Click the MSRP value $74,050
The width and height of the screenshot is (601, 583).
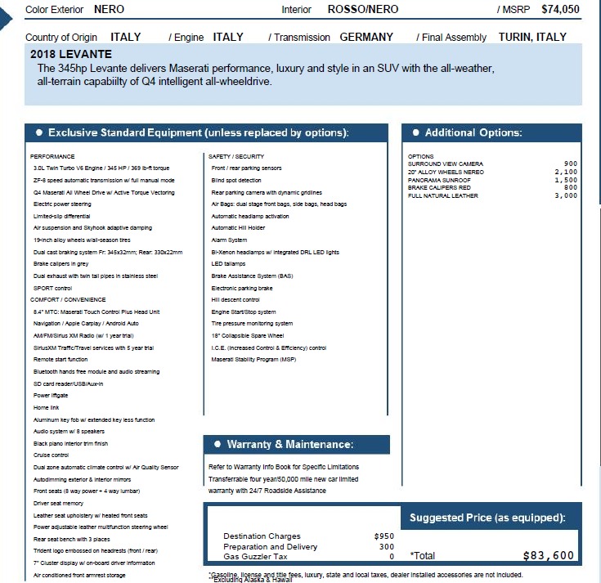(x=560, y=10)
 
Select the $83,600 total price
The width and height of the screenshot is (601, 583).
(x=548, y=555)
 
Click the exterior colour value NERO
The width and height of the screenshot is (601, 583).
(x=110, y=10)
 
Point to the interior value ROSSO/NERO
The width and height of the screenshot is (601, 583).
(x=362, y=10)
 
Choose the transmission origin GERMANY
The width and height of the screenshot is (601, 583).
(x=366, y=37)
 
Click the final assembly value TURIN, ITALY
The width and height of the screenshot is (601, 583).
(x=532, y=37)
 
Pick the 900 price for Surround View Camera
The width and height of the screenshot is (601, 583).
(x=571, y=164)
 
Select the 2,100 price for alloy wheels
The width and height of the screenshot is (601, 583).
(x=566, y=172)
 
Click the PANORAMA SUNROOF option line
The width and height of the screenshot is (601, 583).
(x=439, y=180)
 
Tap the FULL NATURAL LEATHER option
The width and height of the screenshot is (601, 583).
(x=443, y=195)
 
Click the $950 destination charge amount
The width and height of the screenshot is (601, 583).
(x=384, y=536)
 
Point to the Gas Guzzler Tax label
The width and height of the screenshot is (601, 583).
(x=255, y=556)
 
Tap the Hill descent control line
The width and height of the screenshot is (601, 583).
(x=235, y=300)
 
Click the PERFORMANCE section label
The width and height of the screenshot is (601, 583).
(x=52, y=155)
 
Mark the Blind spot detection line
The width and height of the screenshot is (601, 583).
(x=236, y=180)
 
